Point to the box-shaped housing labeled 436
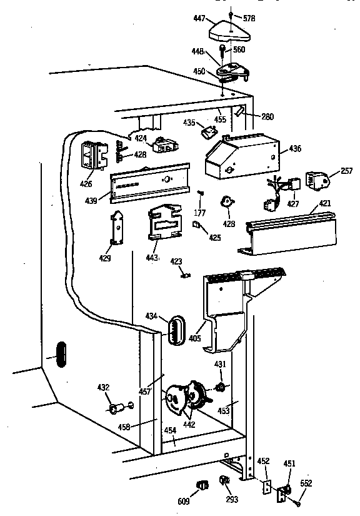pyautogui.click(x=241, y=154)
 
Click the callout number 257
pyautogui.click(x=346, y=171)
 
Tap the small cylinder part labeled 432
pyautogui.click(x=115, y=410)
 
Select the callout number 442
pyautogui.click(x=188, y=425)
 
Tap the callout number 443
pyautogui.click(x=152, y=259)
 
